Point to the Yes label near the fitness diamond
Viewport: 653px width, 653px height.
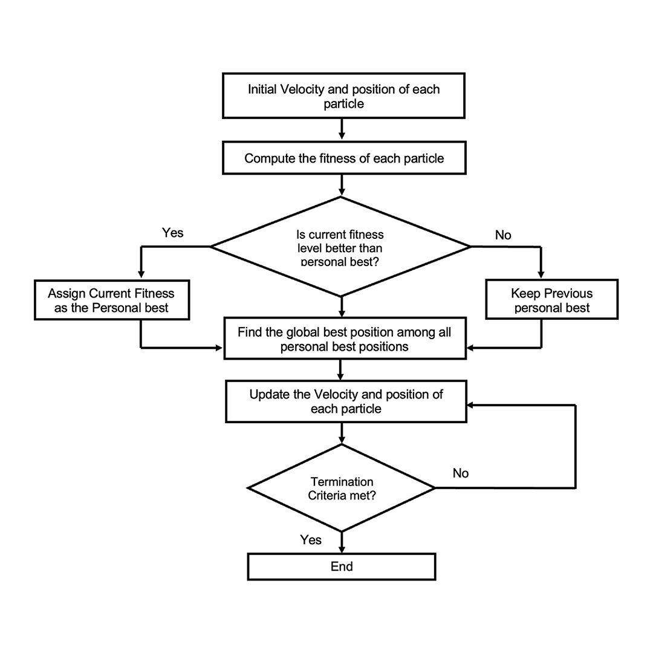coord(172,233)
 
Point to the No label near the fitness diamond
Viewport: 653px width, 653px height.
coord(503,235)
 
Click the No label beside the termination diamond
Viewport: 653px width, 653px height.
coord(461,473)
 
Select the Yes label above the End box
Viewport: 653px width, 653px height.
coord(311,540)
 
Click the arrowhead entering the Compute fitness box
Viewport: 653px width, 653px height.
coord(342,136)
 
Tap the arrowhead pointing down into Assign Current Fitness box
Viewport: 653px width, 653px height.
coord(141,275)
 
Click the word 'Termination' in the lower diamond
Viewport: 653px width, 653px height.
coord(342,482)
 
